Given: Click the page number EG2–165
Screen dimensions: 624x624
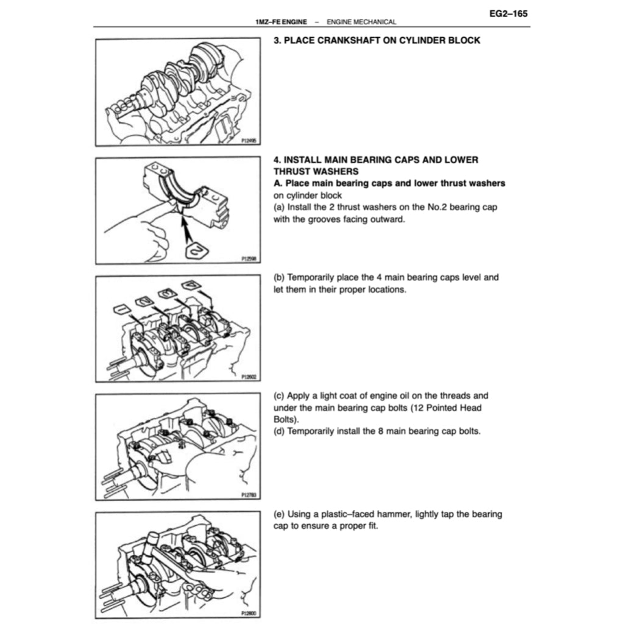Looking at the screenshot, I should pos(508,12).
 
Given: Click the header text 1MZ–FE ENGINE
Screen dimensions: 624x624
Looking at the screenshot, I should pos(281,22).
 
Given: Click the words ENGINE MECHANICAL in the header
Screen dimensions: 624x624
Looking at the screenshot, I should pos(361,22).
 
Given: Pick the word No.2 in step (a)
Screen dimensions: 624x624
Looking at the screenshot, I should pos(432,207).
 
